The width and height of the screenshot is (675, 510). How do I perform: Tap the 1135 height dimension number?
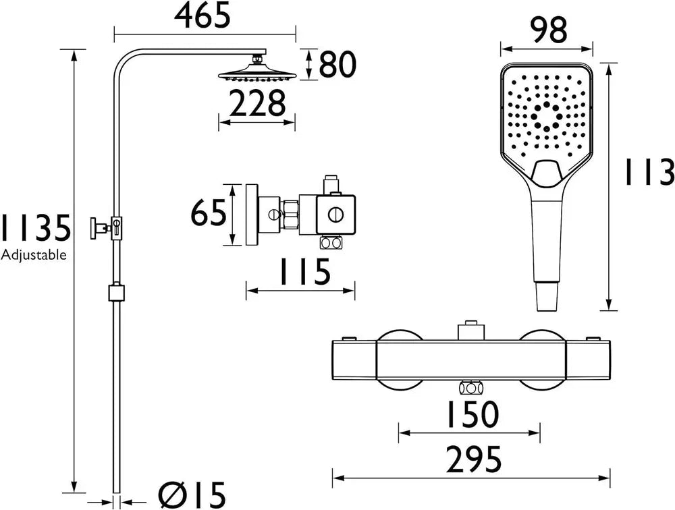click(35, 228)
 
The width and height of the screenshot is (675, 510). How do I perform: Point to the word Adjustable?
click(34, 255)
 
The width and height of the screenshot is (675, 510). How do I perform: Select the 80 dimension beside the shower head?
click(337, 65)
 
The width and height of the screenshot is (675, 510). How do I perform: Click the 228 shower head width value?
click(257, 104)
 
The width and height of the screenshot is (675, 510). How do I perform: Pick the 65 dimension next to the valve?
click(208, 215)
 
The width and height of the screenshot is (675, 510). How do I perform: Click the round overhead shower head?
click(256, 75)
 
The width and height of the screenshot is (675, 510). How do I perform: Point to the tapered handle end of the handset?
click(549, 294)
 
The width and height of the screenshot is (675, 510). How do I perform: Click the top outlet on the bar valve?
click(470, 331)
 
